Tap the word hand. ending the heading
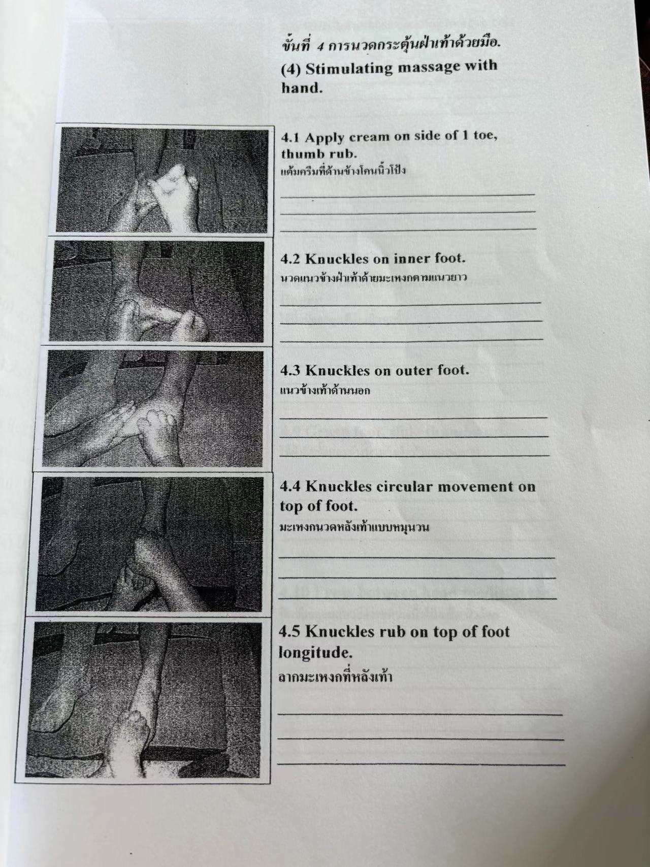pyautogui.click(x=302, y=88)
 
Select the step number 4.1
pyautogui.click(x=291, y=138)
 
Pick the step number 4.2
pyautogui.click(x=291, y=259)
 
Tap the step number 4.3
pyautogui.click(x=291, y=371)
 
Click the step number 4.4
pyautogui.click(x=290, y=487)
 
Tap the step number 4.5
pyautogui.click(x=290, y=632)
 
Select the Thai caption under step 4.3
pyautogui.click(x=325, y=392)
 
